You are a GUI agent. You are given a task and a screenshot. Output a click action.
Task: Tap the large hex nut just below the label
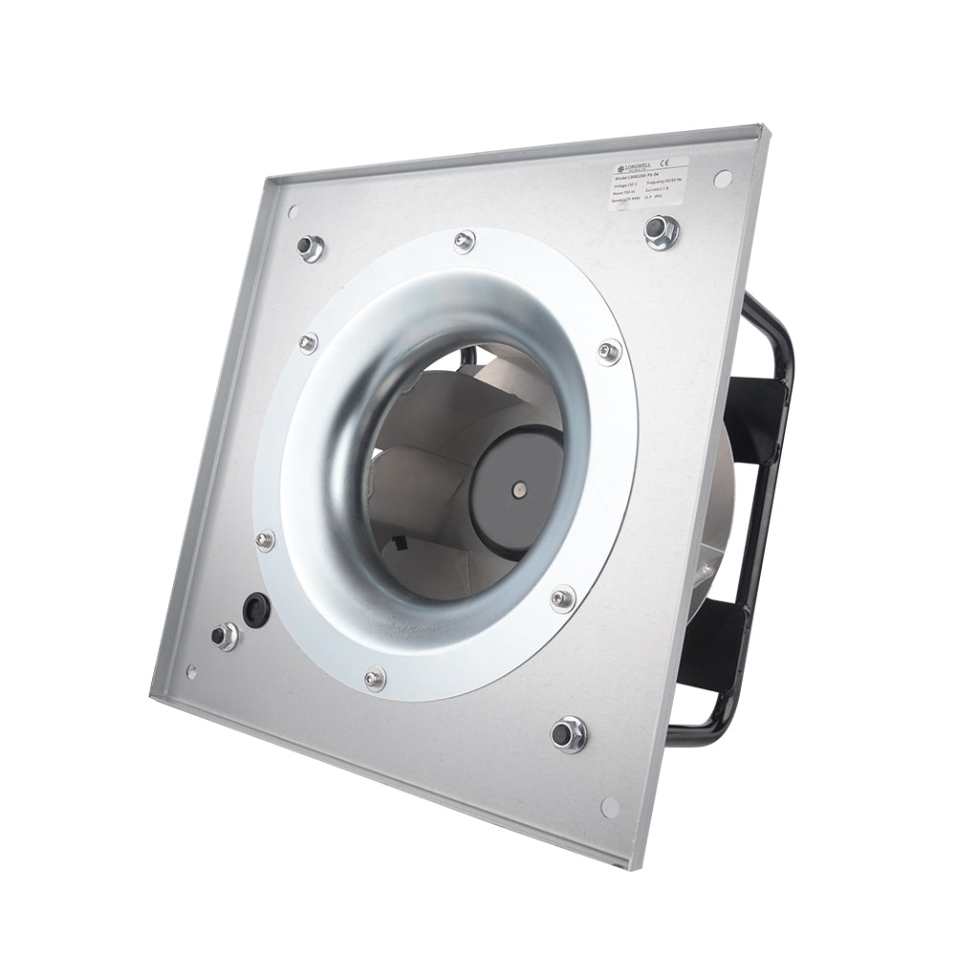[661, 230]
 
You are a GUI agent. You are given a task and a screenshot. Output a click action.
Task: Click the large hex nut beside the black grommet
[225, 635]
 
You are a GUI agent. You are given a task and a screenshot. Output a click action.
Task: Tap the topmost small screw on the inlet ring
[465, 240]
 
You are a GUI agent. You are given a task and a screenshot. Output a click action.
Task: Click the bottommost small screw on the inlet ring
[374, 678]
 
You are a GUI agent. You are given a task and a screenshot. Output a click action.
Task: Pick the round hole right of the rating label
[723, 178]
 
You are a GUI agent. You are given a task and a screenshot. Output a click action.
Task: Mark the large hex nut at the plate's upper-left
[309, 248]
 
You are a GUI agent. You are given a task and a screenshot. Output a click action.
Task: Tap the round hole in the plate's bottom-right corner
[609, 807]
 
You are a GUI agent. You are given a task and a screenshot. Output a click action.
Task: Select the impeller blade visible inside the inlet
[421, 421]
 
